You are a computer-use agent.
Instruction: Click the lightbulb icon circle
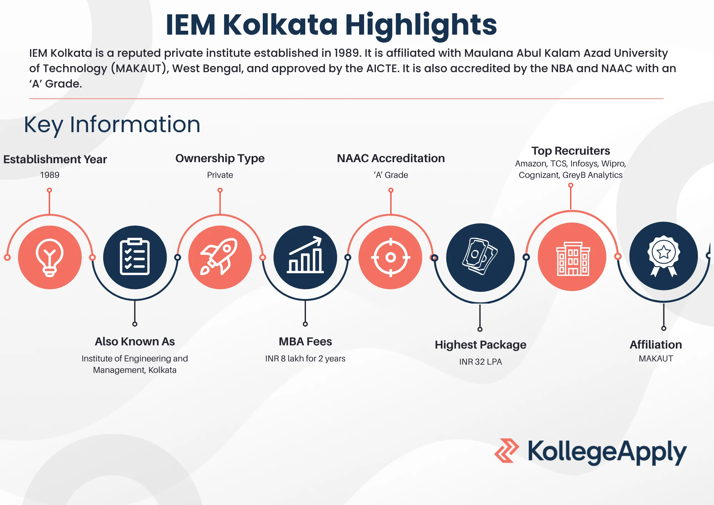click(x=50, y=257)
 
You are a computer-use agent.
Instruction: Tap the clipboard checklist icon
click(x=135, y=257)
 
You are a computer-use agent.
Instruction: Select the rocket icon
click(x=220, y=257)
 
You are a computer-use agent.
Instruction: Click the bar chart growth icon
click(x=305, y=257)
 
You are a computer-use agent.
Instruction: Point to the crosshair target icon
click(x=391, y=257)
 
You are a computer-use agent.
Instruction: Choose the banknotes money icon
click(x=480, y=257)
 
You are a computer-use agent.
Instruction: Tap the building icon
click(x=572, y=257)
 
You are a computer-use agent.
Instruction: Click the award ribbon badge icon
click(x=663, y=256)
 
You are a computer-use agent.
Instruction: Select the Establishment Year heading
click(x=55, y=159)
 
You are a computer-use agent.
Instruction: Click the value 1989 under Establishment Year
click(x=50, y=175)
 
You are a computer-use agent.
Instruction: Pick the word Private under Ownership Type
click(x=220, y=175)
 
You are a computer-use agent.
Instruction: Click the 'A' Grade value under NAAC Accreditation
click(x=391, y=175)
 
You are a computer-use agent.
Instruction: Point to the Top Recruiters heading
click(x=570, y=151)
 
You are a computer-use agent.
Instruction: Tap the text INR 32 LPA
click(x=481, y=362)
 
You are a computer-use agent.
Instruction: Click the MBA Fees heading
click(x=305, y=342)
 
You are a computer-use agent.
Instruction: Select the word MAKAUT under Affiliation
click(x=656, y=359)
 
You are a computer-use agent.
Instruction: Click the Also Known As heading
click(x=135, y=342)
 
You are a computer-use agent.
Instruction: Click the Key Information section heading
click(x=112, y=125)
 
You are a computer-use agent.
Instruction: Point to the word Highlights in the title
click(x=421, y=25)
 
